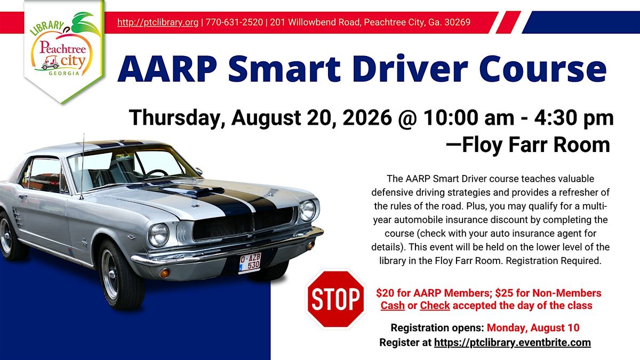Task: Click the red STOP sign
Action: click(335, 299)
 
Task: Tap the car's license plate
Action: click(250, 263)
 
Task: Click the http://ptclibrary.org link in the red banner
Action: click(158, 22)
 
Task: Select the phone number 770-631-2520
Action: click(234, 22)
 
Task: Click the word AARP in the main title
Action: click(167, 69)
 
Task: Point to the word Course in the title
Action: click(543, 69)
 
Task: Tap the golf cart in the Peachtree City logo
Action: click(50, 63)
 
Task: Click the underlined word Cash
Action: click(393, 306)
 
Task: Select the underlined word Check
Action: click(435, 306)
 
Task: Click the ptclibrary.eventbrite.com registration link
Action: click(513, 342)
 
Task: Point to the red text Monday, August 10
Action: click(533, 327)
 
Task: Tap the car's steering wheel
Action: click(157, 173)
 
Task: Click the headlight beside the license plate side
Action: click(158, 235)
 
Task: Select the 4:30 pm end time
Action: click(574, 118)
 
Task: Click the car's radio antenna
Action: click(83, 166)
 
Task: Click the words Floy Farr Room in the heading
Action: click(536, 145)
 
